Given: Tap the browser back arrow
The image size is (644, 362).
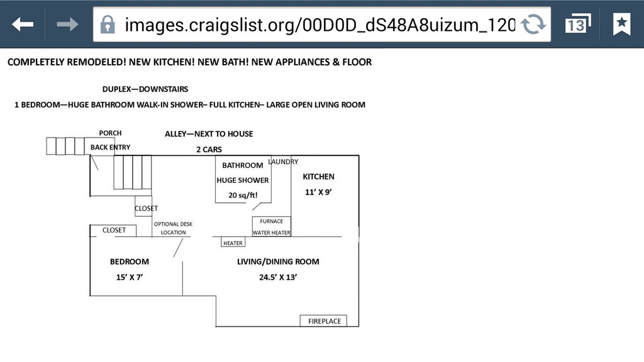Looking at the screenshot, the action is point(23,25).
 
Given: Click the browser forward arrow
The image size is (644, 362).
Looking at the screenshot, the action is point(67,25).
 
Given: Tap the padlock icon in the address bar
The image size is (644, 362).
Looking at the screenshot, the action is point(108,25).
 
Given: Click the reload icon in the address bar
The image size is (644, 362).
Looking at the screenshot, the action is point(533,25).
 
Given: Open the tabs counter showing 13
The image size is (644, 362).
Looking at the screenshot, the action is point(578,24).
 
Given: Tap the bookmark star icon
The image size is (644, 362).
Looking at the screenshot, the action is point(621,24).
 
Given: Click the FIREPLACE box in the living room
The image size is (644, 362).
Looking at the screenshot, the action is point(323,321).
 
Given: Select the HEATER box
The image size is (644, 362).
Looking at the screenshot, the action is point(233,243).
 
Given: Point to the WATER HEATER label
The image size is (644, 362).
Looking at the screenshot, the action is point(272,233).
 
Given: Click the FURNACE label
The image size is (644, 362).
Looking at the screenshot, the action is point(272,221).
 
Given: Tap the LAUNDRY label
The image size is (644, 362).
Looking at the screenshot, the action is point(283,162).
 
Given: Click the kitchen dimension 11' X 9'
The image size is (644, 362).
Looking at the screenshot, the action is point(318,192).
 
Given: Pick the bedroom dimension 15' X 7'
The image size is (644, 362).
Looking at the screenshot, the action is point(130,277).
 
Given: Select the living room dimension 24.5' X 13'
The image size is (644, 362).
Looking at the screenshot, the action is point(278,277).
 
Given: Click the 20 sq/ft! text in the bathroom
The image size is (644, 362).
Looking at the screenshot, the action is point(243,195).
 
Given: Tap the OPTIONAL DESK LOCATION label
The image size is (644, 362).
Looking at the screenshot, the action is point(173,228).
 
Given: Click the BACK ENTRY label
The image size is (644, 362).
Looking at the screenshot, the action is point(111,147).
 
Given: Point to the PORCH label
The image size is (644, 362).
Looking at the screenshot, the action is point(110,133).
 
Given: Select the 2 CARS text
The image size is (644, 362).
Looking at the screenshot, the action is point(209,150).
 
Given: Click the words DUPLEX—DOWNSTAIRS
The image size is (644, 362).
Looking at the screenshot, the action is point(145,89).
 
